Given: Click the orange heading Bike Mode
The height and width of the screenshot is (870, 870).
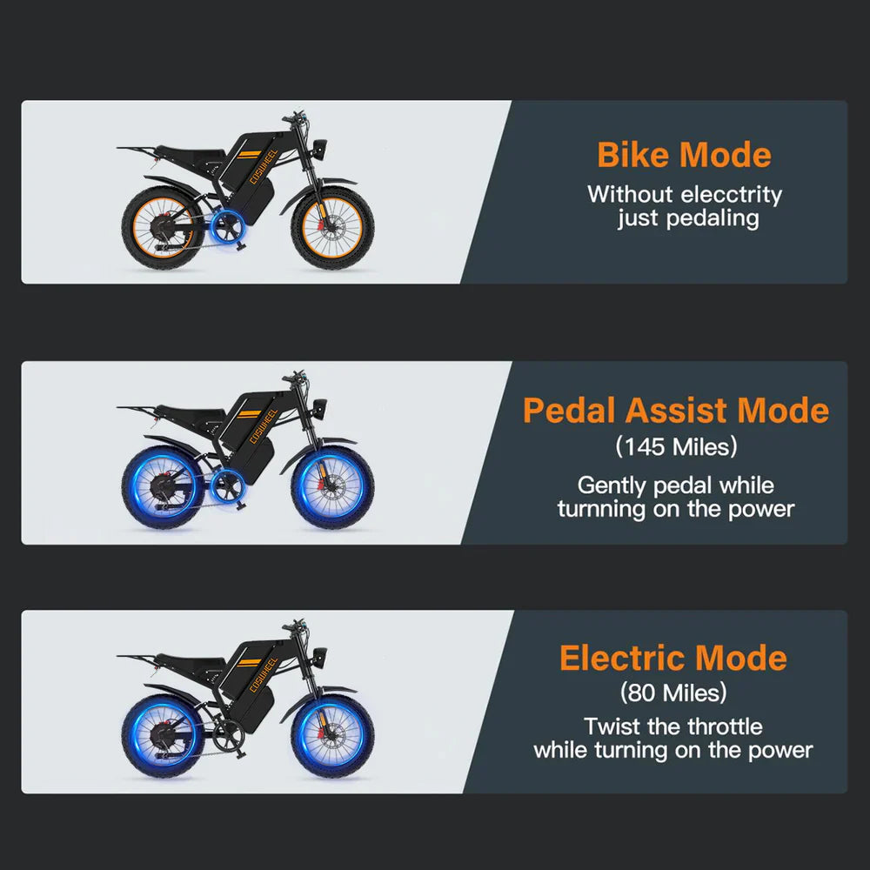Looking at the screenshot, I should [684, 156].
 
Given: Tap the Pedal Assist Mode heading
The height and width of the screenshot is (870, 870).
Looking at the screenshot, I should [676, 411].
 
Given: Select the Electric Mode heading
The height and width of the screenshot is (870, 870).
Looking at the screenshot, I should [673, 658].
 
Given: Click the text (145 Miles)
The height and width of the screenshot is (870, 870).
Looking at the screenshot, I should [676, 447].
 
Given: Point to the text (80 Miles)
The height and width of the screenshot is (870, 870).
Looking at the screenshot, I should [673, 693].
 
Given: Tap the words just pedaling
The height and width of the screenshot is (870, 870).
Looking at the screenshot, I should [687, 217].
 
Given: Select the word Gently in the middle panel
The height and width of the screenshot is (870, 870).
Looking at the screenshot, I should [609, 485].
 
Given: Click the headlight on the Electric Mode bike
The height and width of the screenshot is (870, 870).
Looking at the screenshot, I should [320, 651].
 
